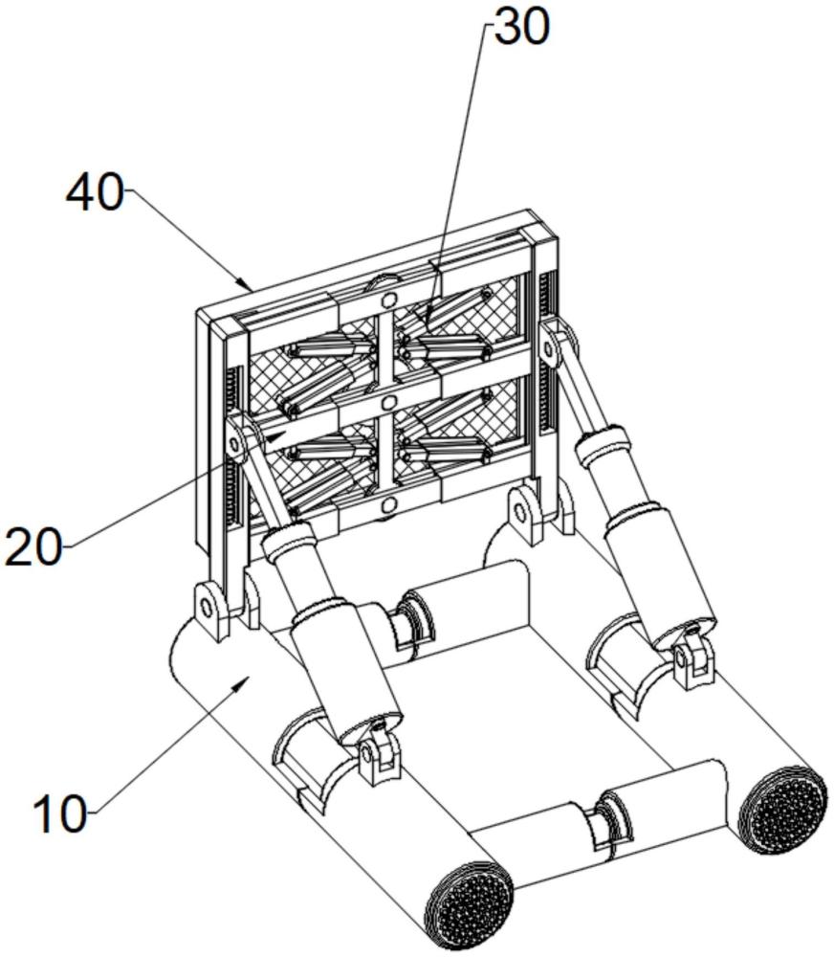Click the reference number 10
(x=60, y=814)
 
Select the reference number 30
(x=521, y=26)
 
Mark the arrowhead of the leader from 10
(x=240, y=684)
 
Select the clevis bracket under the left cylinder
(x=377, y=752)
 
